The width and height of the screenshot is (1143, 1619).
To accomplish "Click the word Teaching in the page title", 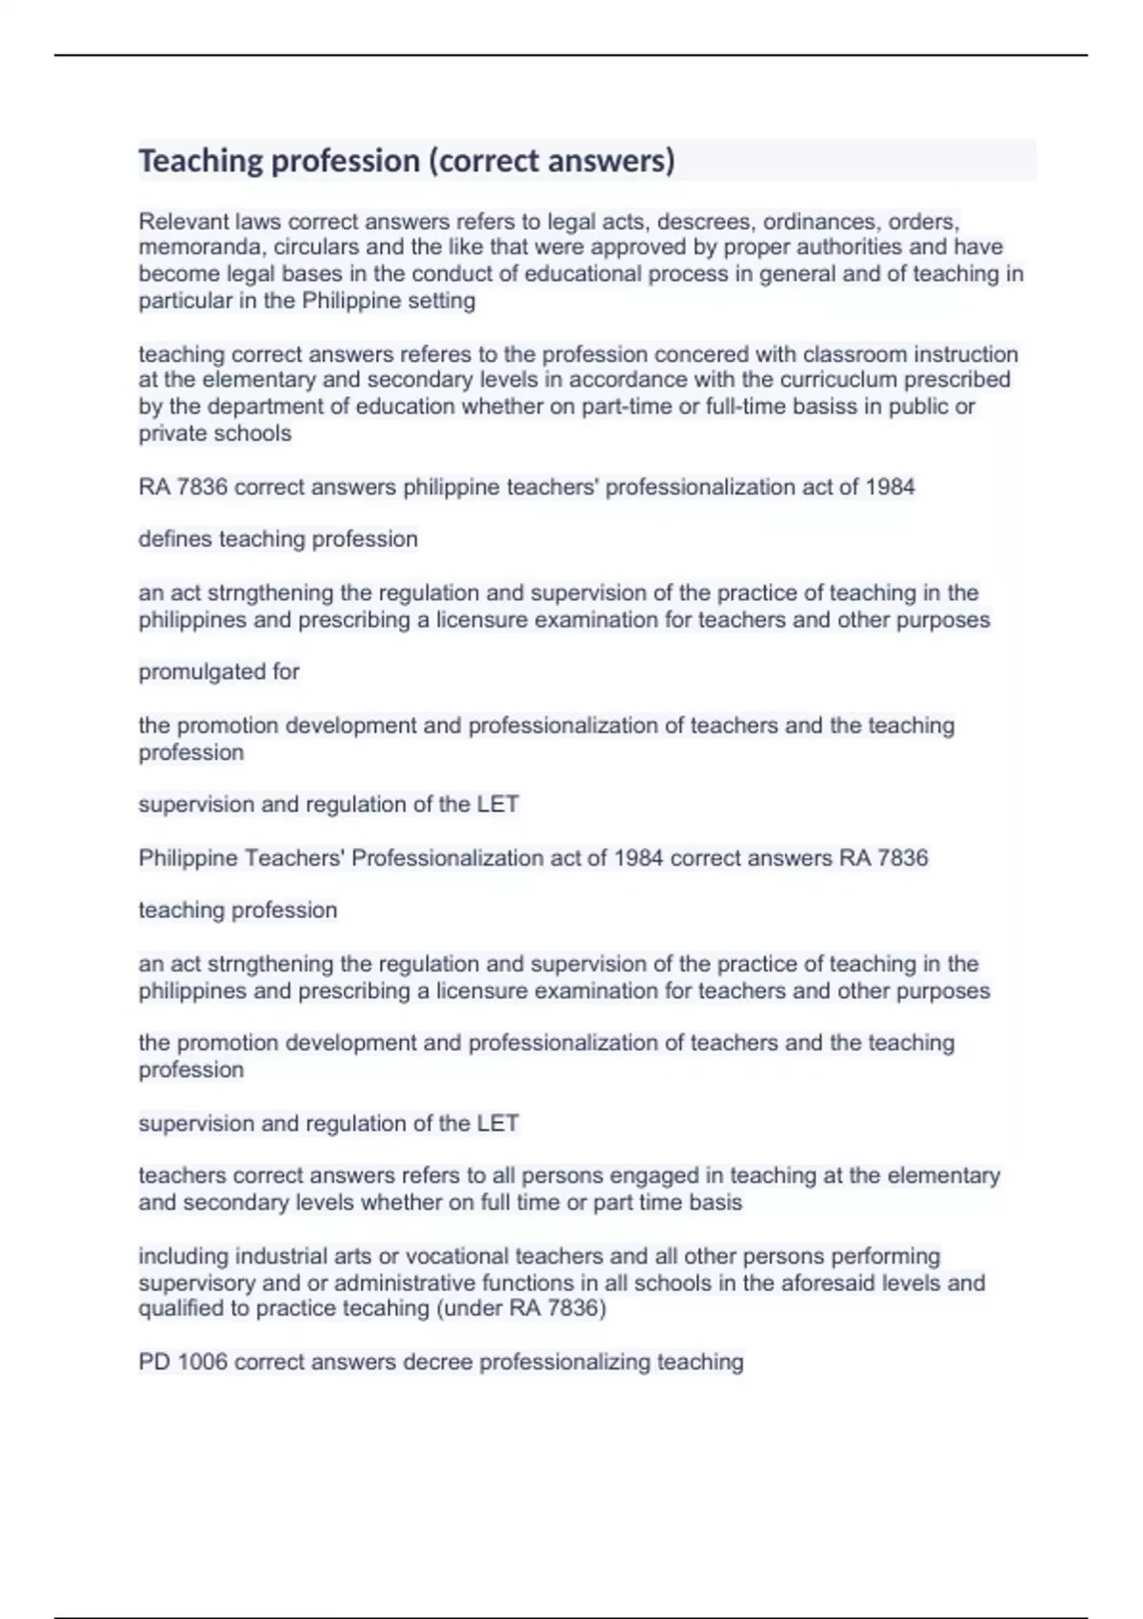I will pos(200,161).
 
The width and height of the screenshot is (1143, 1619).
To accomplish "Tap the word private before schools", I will pos(172,433).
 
